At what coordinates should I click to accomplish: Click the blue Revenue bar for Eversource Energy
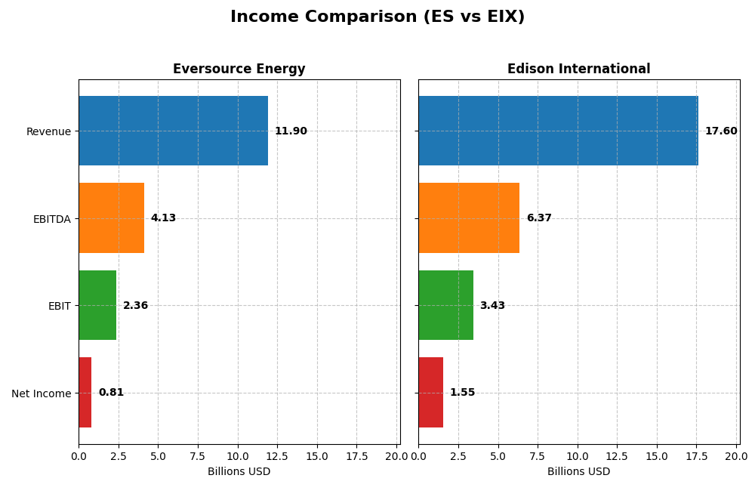point(173,131)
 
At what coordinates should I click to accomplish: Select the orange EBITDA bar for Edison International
point(469,218)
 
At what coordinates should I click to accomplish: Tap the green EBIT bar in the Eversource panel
point(97,305)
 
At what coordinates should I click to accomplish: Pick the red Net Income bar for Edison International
point(430,393)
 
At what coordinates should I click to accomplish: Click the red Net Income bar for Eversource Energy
point(85,393)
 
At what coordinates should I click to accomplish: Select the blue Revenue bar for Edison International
point(558,131)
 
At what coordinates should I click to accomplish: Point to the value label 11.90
point(291,131)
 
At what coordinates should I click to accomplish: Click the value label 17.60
point(721,131)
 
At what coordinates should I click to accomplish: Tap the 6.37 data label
point(539,218)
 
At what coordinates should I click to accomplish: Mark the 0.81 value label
point(111,393)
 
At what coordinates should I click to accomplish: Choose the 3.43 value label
point(492,306)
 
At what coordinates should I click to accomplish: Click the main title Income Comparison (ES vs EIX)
point(377,17)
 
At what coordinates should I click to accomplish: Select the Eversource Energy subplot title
point(239,69)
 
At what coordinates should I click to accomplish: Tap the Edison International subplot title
point(578,69)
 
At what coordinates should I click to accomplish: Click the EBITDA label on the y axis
point(52,219)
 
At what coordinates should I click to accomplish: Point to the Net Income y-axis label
point(42,393)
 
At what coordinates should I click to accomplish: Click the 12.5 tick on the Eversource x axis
point(277,456)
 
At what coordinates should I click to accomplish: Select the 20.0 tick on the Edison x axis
point(736,456)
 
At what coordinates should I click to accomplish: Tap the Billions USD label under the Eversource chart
point(239,472)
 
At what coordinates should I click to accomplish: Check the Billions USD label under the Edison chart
point(578,472)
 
